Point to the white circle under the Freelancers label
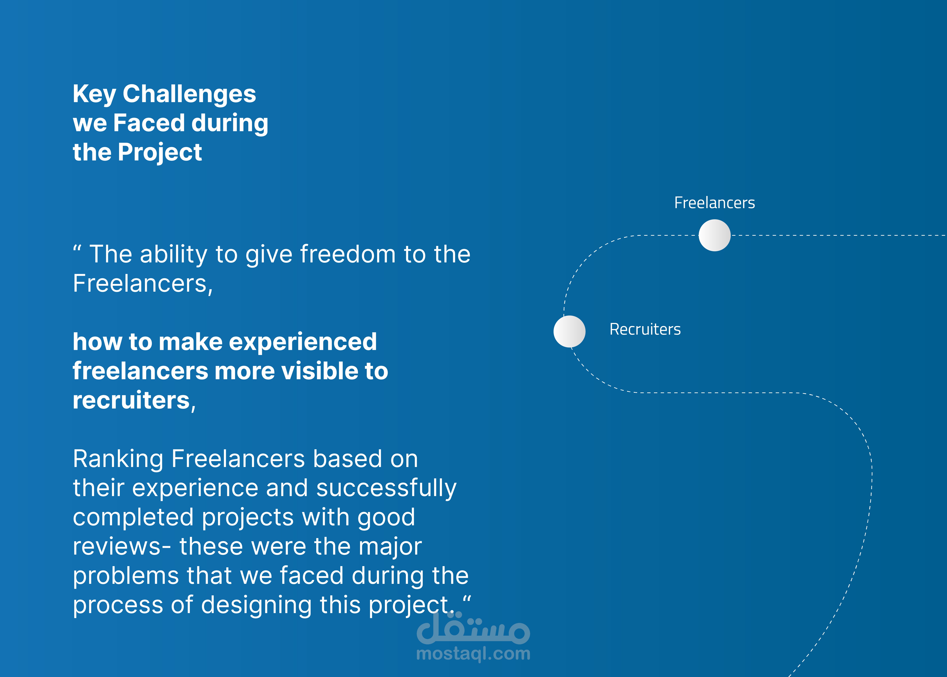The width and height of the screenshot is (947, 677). coord(714,236)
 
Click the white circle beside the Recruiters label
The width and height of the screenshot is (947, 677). coord(569,331)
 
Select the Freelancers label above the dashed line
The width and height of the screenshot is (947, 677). coord(714,203)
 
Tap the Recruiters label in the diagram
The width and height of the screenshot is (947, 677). coord(645,329)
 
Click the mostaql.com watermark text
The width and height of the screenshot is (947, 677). coord(473,654)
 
